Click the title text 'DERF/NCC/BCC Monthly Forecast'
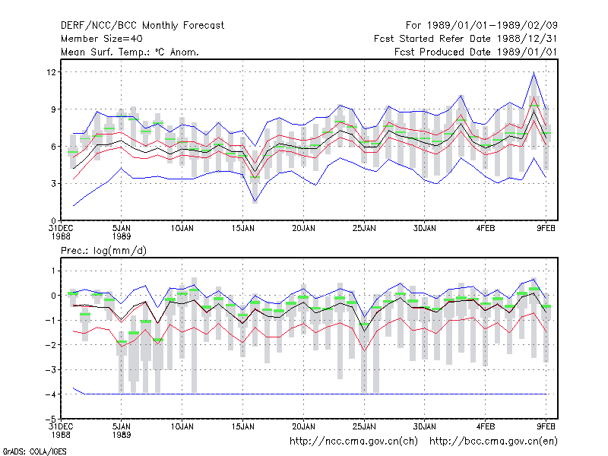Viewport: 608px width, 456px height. (142, 26)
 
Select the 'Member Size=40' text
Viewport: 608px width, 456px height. (102, 39)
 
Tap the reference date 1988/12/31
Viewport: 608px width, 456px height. (527, 39)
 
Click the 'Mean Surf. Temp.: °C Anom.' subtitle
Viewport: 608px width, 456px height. (129, 52)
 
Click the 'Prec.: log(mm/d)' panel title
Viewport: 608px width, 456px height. (103, 251)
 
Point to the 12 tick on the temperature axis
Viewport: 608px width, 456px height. (51, 72)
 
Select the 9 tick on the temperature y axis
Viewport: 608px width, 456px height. (53, 109)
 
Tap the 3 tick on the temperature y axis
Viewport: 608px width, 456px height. (53, 183)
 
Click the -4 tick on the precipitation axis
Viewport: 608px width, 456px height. (50, 394)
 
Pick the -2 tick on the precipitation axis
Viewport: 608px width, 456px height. (50, 345)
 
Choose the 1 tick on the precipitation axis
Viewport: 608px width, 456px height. (54, 271)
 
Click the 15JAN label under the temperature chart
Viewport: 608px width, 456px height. (242, 229)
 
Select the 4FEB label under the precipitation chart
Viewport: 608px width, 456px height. (486, 426)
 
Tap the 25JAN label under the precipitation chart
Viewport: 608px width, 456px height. (364, 426)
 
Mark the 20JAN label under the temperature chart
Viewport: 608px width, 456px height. (303, 229)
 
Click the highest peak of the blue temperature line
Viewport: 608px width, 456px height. (534, 72)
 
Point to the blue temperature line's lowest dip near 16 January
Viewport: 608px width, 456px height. (255, 202)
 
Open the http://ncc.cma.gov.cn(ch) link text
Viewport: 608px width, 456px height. (353, 442)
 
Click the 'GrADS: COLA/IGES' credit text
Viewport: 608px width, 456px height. (34, 451)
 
